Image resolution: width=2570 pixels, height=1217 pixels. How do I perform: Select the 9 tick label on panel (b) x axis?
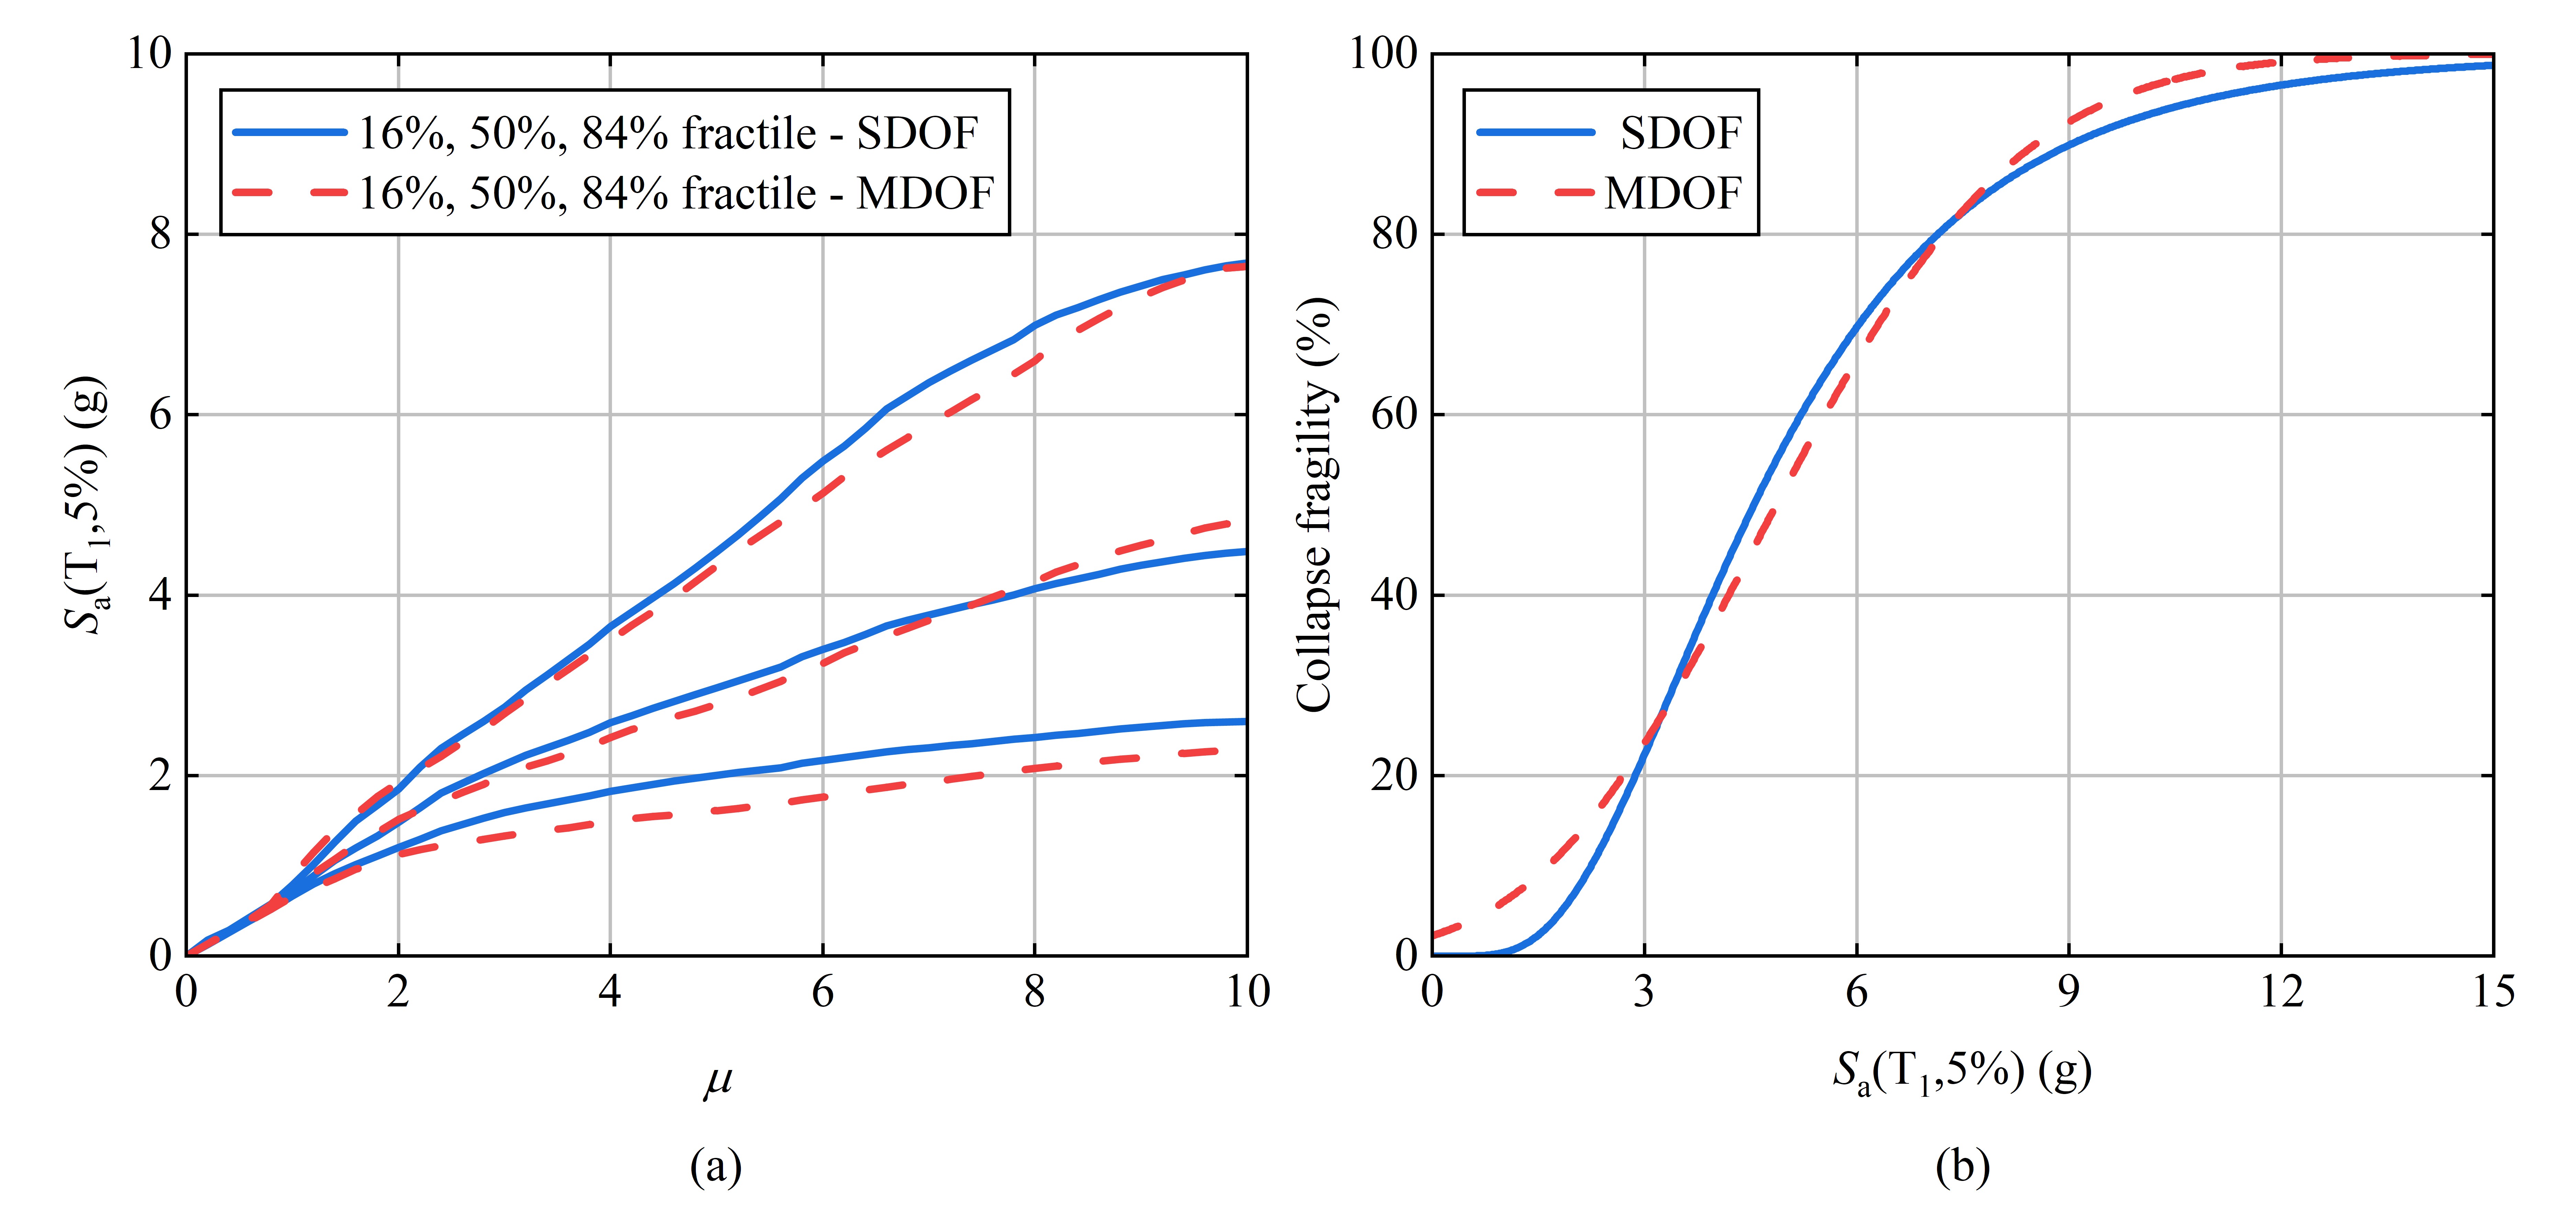pos(2068,992)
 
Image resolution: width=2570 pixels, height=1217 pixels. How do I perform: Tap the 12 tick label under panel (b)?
pos(2281,992)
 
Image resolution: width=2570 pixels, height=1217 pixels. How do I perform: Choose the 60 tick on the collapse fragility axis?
pos(1394,414)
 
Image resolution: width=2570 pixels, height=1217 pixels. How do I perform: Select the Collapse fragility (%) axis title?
pos(1315,504)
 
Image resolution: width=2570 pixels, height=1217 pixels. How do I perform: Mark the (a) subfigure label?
pos(716,1165)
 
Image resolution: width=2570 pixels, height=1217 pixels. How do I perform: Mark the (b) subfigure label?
pos(1961,1165)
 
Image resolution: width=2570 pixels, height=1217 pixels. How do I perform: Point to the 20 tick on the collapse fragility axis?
pos(1394,775)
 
